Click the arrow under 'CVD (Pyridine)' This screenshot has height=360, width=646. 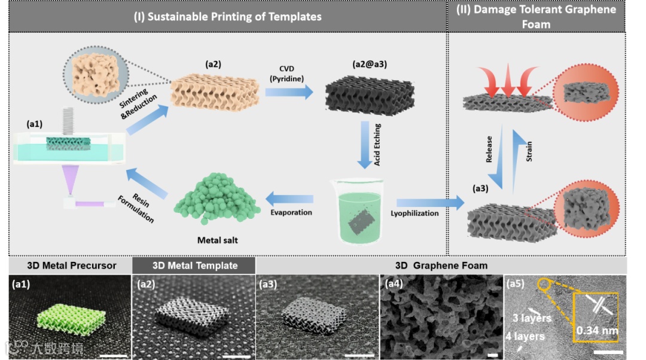[x=289, y=91]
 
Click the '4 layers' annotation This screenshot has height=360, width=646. [x=525, y=336]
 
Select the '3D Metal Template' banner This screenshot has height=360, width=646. [x=194, y=266]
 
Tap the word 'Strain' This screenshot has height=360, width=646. [x=529, y=151]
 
